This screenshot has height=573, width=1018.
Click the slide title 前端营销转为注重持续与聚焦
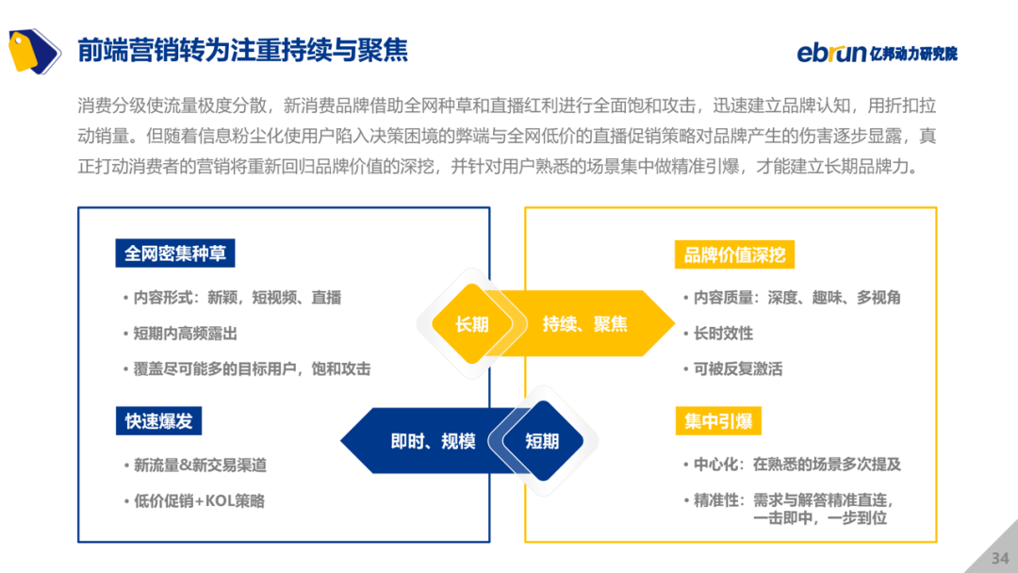tap(242, 50)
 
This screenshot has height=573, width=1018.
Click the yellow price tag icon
tap(34, 50)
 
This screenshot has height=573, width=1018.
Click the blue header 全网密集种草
tap(175, 254)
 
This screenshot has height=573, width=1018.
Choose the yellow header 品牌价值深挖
tap(734, 254)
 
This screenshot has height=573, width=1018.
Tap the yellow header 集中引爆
tap(718, 421)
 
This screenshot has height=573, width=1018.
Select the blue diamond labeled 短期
tap(542, 441)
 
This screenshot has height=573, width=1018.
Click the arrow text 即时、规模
tap(433, 441)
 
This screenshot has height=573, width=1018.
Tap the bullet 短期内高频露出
tap(185, 334)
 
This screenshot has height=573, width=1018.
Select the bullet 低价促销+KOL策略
tap(199, 501)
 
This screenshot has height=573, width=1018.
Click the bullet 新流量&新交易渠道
tap(200, 466)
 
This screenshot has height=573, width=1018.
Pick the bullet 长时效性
tap(723, 334)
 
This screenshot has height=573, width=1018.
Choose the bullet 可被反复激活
tap(738, 369)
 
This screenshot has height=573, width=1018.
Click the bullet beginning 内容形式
tap(237, 298)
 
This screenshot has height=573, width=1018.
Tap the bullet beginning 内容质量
tap(796, 298)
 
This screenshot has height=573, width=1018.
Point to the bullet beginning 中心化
tap(796, 465)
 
